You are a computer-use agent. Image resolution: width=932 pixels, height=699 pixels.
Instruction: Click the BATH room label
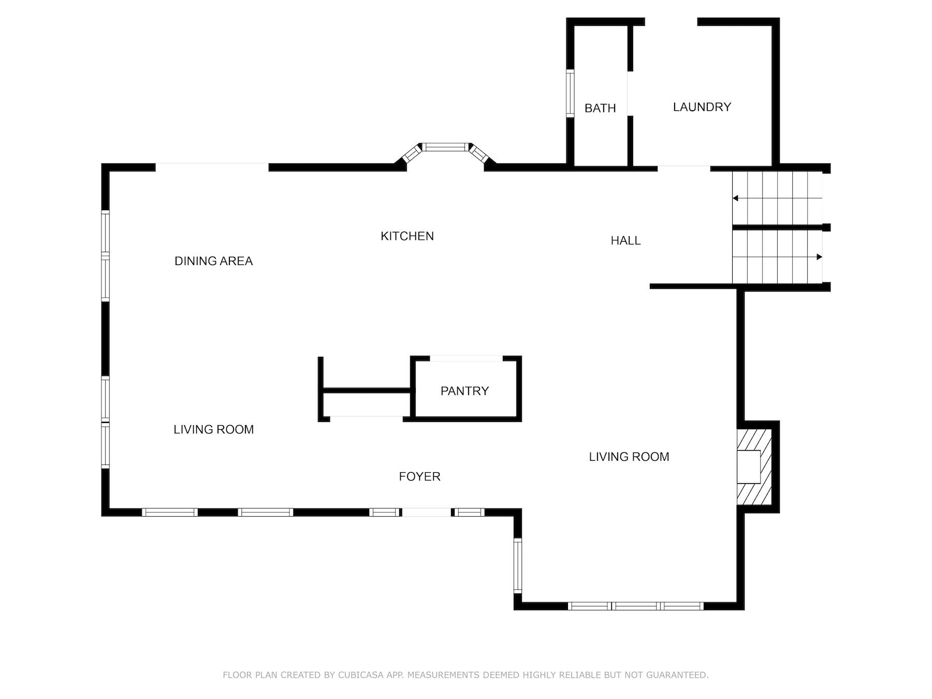point(600,108)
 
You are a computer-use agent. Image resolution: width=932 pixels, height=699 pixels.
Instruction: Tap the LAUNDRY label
point(702,107)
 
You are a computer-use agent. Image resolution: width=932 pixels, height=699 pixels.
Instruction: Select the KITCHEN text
point(407,236)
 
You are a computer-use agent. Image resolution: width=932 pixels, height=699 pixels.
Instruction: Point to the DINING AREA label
point(213,261)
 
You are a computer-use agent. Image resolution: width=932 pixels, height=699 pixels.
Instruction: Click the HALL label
point(625,241)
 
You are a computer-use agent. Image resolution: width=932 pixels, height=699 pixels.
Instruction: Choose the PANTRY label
point(464,391)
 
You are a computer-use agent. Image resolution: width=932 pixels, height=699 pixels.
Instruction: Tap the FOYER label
point(419,476)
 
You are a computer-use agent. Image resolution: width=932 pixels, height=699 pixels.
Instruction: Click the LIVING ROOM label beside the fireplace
point(629,457)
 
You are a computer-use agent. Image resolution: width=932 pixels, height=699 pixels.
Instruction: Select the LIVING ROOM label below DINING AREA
point(213,429)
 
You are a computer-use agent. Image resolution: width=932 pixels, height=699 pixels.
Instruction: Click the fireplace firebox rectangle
point(749,467)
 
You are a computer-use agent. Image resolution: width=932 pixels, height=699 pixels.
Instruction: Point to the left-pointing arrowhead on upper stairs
point(735,198)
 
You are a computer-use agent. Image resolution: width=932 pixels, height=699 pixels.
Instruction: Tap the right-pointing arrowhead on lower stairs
point(819,257)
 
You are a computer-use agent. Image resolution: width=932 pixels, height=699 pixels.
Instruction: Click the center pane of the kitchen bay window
point(445,147)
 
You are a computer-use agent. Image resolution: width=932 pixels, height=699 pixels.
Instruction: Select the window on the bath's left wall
point(570,94)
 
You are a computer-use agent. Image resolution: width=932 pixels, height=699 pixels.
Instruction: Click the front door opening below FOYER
point(427,513)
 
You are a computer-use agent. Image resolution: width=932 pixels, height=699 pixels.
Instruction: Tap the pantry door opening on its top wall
point(466,358)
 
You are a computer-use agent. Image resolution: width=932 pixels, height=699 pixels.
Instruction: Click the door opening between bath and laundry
point(630,94)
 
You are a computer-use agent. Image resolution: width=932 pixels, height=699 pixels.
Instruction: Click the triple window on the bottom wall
point(635,606)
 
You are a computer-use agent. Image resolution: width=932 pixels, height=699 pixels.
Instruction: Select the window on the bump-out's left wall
point(517,565)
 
